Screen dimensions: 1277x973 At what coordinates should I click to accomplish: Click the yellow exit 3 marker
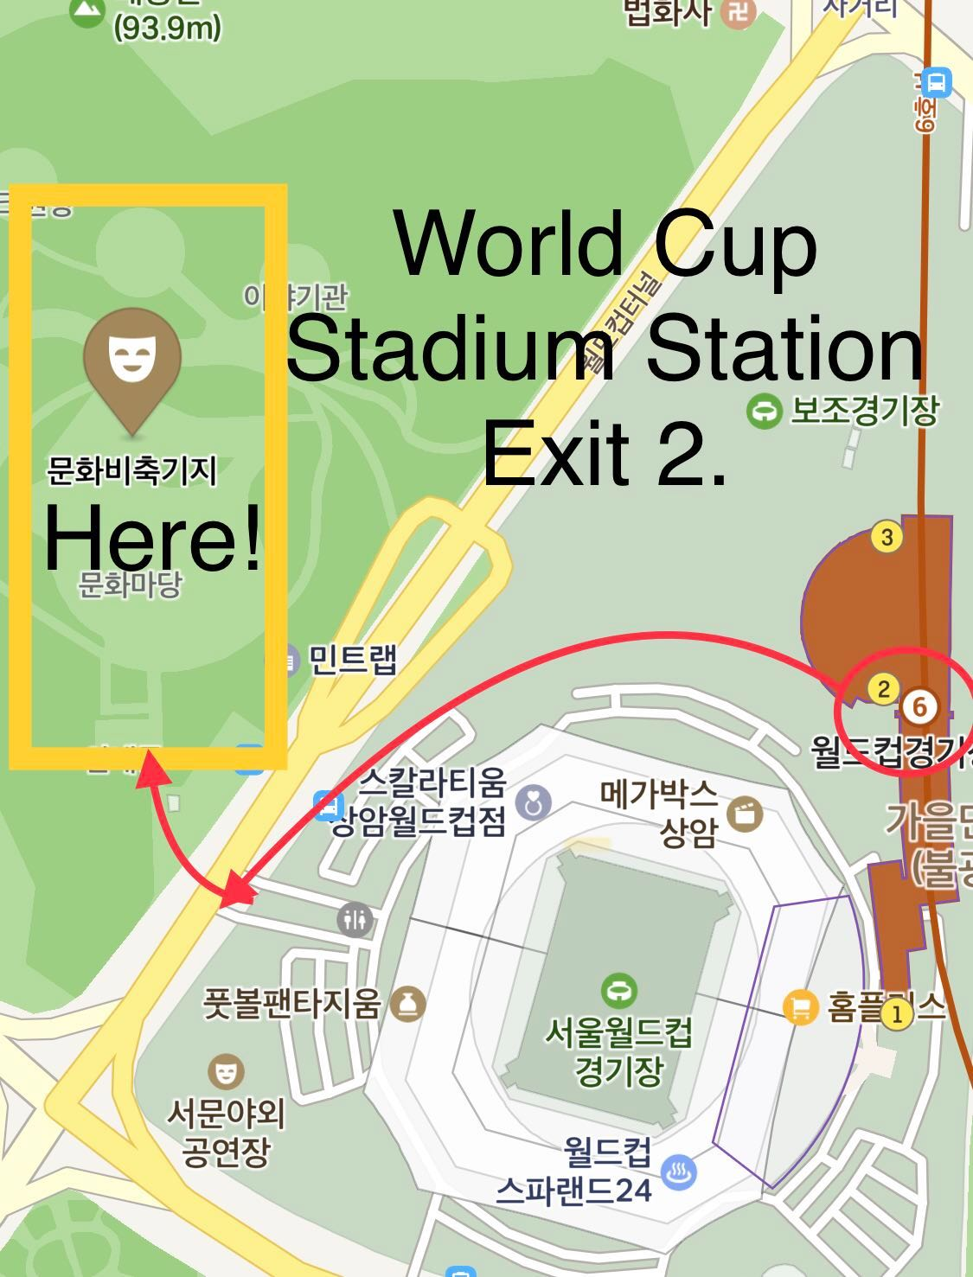(887, 537)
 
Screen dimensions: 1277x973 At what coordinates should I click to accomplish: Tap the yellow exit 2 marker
(883, 689)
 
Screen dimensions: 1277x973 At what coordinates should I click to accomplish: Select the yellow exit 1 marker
(897, 1013)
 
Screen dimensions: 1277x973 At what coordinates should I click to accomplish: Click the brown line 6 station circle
(919, 707)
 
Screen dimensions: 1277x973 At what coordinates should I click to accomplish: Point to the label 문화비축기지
(131, 471)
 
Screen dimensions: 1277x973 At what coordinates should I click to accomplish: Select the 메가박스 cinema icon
(744, 814)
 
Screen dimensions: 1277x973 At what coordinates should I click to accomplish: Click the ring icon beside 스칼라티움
(533, 804)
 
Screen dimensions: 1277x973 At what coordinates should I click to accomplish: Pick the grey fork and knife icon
(355, 920)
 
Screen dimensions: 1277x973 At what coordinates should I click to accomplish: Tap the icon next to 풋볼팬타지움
(408, 1004)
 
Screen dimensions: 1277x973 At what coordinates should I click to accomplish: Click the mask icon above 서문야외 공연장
(226, 1073)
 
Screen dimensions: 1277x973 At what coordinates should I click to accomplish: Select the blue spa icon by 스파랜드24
(679, 1172)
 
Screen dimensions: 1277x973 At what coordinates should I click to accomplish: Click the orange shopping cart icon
(801, 1006)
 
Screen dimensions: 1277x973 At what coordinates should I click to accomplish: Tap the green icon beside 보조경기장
(764, 412)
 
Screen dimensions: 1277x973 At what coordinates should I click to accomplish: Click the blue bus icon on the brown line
(936, 84)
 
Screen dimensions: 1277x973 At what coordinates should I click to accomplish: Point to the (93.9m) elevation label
(167, 29)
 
